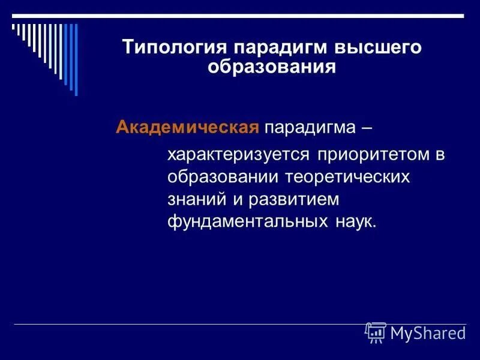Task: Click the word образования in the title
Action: (x=271, y=66)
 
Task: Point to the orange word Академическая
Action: (x=187, y=127)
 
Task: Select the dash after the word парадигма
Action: (x=366, y=128)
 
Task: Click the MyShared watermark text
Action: (x=428, y=333)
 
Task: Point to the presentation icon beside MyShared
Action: (x=376, y=332)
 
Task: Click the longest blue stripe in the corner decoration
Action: (x=76, y=59)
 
